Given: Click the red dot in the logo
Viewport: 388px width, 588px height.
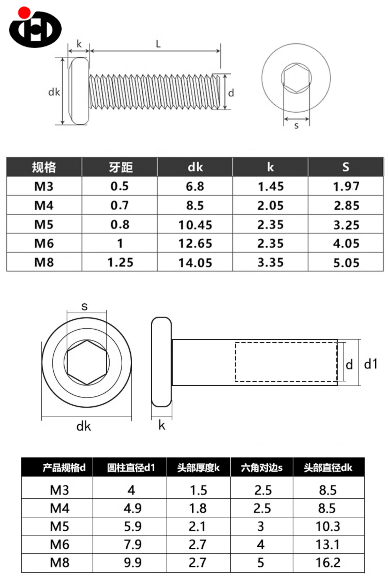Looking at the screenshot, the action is [x=24, y=13].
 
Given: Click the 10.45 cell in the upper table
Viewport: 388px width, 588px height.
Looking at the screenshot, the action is [x=195, y=225].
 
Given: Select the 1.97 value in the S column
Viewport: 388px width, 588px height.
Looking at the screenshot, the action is [x=346, y=186].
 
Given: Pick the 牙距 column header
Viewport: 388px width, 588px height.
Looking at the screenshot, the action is [x=121, y=167].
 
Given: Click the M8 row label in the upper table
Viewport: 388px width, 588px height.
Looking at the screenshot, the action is [x=44, y=262].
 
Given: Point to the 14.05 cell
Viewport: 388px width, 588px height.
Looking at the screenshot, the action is [x=195, y=263].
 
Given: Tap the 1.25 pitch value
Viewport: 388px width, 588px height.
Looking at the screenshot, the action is [x=120, y=262].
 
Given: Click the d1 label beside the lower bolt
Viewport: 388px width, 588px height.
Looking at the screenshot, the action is [x=371, y=364].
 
